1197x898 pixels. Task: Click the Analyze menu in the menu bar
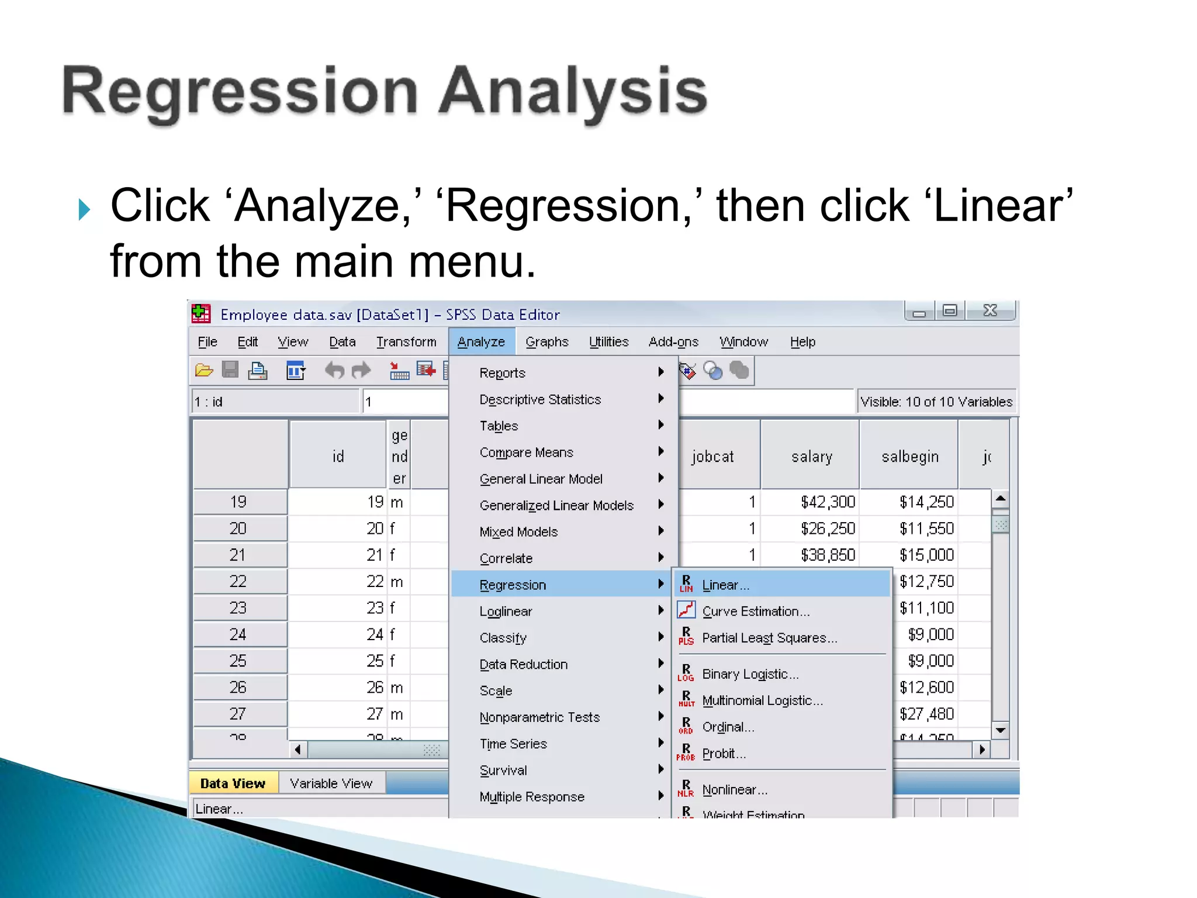481,342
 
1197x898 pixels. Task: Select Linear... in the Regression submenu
725,585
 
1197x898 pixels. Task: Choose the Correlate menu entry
506,558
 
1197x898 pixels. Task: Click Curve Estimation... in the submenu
756,611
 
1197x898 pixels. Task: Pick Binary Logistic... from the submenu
750,674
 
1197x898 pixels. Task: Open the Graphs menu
546,342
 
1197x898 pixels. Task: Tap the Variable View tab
331,783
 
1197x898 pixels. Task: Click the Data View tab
233,783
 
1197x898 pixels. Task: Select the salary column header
811,456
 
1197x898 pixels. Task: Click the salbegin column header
909,456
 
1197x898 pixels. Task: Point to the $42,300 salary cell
827,502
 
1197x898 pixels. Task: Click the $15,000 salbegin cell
926,555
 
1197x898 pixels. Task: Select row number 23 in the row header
238,608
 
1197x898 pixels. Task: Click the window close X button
990,310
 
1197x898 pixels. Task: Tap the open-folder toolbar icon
203,370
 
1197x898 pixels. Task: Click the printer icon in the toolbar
258,371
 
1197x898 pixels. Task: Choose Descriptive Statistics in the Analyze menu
540,399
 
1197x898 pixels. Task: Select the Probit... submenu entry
724,754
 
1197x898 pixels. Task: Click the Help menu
802,342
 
